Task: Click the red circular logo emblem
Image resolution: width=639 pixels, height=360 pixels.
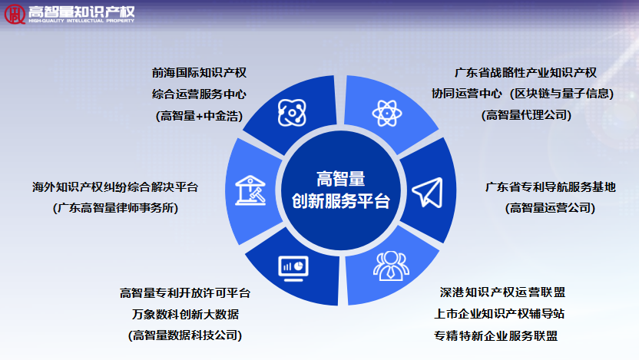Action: [x=15, y=15]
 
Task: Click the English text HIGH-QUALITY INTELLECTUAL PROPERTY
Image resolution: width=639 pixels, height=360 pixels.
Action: [x=81, y=21]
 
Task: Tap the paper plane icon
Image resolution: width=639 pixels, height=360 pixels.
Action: [x=428, y=193]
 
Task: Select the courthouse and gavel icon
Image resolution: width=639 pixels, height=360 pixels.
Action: [x=250, y=190]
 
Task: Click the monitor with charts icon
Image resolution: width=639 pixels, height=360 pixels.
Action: [x=293, y=269]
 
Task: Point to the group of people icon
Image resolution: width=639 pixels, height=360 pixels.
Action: [x=391, y=266]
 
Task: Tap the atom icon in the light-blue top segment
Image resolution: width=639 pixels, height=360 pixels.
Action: [x=387, y=113]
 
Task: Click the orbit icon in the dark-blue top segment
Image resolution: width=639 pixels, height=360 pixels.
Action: [x=292, y=112]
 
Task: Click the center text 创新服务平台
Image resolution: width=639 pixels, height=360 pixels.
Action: [x=341, y=201]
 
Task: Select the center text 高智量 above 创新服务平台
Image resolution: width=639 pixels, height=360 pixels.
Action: [x=341, y=179]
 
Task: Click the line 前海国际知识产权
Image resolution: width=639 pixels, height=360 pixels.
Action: [x=199, y=73]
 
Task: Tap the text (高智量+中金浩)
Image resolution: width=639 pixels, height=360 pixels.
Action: [x=199, y=116]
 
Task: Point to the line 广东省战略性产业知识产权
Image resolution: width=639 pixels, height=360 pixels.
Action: [x=525, y=73]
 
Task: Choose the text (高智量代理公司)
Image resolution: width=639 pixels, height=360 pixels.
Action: [x=527, y=115]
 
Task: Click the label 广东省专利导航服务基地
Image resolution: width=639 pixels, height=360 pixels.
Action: [x=551, y=187]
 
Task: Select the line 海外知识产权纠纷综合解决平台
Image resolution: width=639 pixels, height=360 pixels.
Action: [x=115, y=187]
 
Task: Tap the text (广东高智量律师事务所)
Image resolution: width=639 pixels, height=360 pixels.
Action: [x=116, y=208]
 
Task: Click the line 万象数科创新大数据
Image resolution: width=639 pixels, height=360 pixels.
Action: [x=185, y=315]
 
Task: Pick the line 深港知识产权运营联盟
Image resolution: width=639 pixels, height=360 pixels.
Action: [x=502, y=292]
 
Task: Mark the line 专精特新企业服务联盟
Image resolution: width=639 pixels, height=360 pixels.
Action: [x=496, y=336]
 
